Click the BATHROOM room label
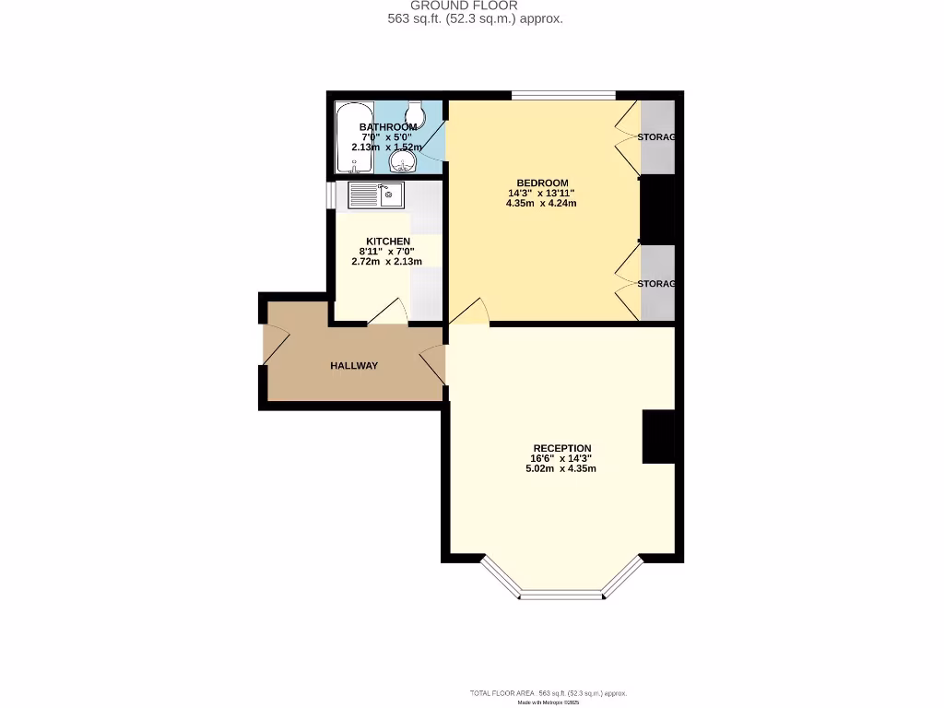click(x=387, y=127)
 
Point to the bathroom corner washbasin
click(x=404, y=162)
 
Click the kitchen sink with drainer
click(x=376, y=195)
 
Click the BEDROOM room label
click(x=541, y=183)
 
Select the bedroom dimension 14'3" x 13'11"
click(x=541, y=194)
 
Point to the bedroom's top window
click(x=563, y=94)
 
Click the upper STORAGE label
click(x=657, y=137)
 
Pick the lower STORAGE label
click(x=657, y=284)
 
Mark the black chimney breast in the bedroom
click(x=657, y=210)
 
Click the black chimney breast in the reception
click(x=658, y=437)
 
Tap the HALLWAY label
click(x=354, y=366)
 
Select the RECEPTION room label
click(x=560, y=448)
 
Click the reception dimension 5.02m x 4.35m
click(x=560, y=468)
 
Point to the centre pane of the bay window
click(x=561, y=595)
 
